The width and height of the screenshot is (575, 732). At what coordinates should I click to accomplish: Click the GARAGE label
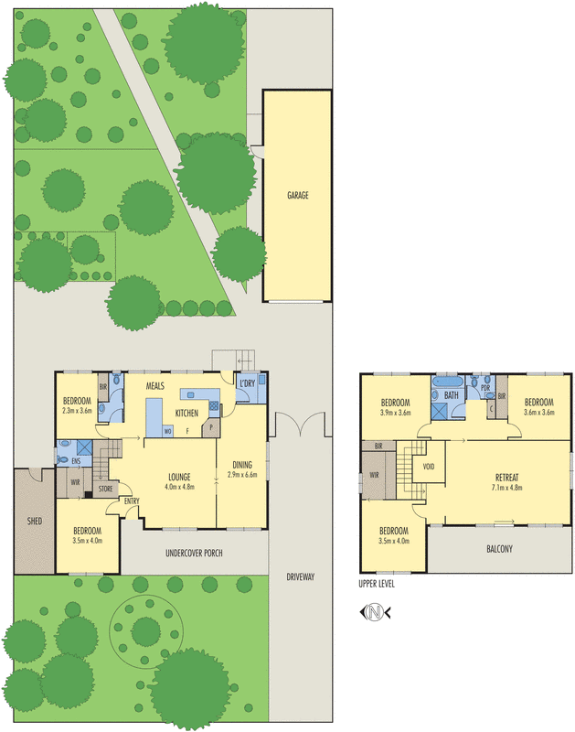pos(297,195)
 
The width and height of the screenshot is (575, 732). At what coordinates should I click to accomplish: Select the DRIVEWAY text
pos(300,577)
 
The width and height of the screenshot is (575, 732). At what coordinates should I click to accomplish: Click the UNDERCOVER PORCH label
pos(196,554)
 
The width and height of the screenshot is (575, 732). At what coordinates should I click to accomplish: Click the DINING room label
pos(242,464)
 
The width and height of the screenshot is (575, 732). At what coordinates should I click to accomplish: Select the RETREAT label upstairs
pos(506,477)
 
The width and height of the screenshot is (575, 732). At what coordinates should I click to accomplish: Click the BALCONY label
pos(498,549)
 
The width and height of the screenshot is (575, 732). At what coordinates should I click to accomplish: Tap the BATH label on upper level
pos(451,395)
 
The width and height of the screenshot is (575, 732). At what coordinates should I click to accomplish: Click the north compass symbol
pos(374,610)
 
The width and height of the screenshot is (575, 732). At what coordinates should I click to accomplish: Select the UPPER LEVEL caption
pos(382,583)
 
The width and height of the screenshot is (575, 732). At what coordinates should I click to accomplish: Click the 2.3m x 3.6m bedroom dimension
pos(78,412)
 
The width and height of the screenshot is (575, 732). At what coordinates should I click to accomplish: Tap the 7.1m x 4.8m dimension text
pos(506,487)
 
